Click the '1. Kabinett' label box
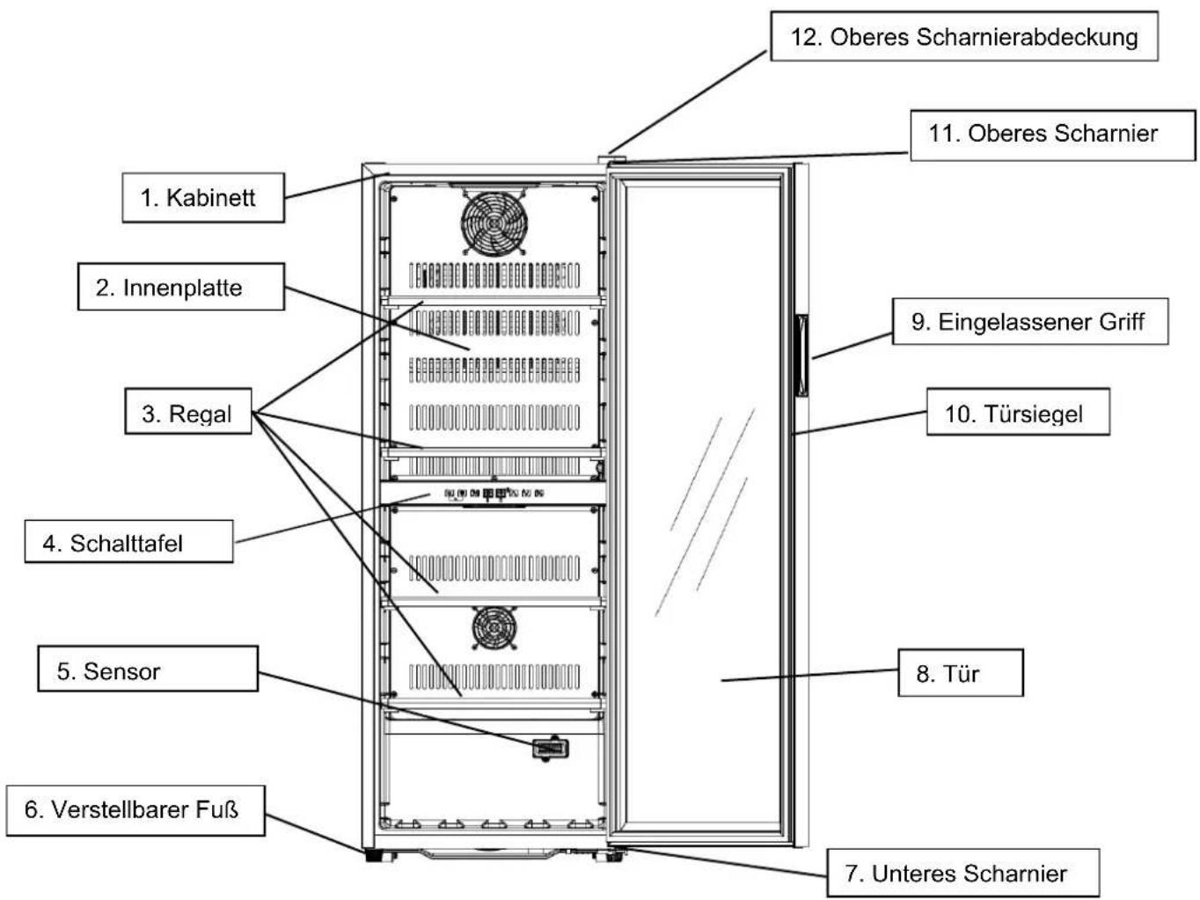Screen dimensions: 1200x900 (203, 197)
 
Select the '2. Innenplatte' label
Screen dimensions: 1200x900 (181, 287)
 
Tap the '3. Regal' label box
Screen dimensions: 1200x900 (188, 412)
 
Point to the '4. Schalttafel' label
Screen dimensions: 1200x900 (129, 541)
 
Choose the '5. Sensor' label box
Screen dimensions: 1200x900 (148, 669)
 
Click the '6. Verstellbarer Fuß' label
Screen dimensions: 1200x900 (135, 811)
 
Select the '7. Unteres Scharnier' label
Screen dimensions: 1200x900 (962, 873)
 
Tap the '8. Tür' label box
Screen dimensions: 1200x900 (961, 673)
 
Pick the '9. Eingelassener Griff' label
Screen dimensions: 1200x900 (1030, 321)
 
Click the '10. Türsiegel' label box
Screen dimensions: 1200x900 (1018, 412)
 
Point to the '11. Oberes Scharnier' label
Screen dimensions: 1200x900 (1052, 135)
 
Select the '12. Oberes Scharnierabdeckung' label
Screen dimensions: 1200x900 (964, 36)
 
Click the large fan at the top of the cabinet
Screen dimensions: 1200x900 (494, 223)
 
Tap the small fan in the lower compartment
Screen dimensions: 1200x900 (494, 627)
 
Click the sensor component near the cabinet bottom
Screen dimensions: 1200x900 (550, 749)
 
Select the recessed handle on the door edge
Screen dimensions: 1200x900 (801, 355)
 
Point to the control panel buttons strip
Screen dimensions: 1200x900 (494, 494)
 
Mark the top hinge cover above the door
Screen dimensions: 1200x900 (611, 159)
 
